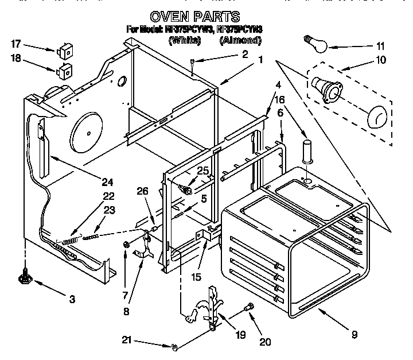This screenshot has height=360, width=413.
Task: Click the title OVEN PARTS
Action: point(194,17)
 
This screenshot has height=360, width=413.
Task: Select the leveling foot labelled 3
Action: point(25,278)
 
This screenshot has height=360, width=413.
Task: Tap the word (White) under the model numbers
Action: point(184,40)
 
